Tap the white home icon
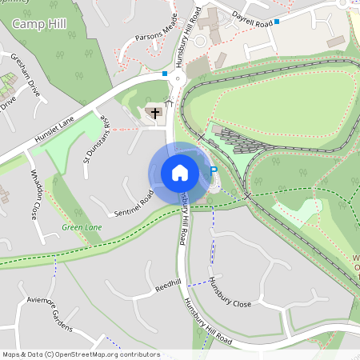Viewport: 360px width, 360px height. (x=180, y=172)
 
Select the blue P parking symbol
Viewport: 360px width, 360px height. (x=213, y=170)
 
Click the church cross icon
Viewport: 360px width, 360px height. (x=154, y=113)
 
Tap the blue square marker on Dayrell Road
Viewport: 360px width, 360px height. (x=277, y=22)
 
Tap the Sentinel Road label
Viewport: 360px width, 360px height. (x=134, y=204)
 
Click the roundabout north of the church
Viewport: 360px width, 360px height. (x=175, y=78)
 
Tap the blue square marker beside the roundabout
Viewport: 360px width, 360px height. (x=165, y=74)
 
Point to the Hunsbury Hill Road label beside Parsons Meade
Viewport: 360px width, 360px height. (x=187, y=40)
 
